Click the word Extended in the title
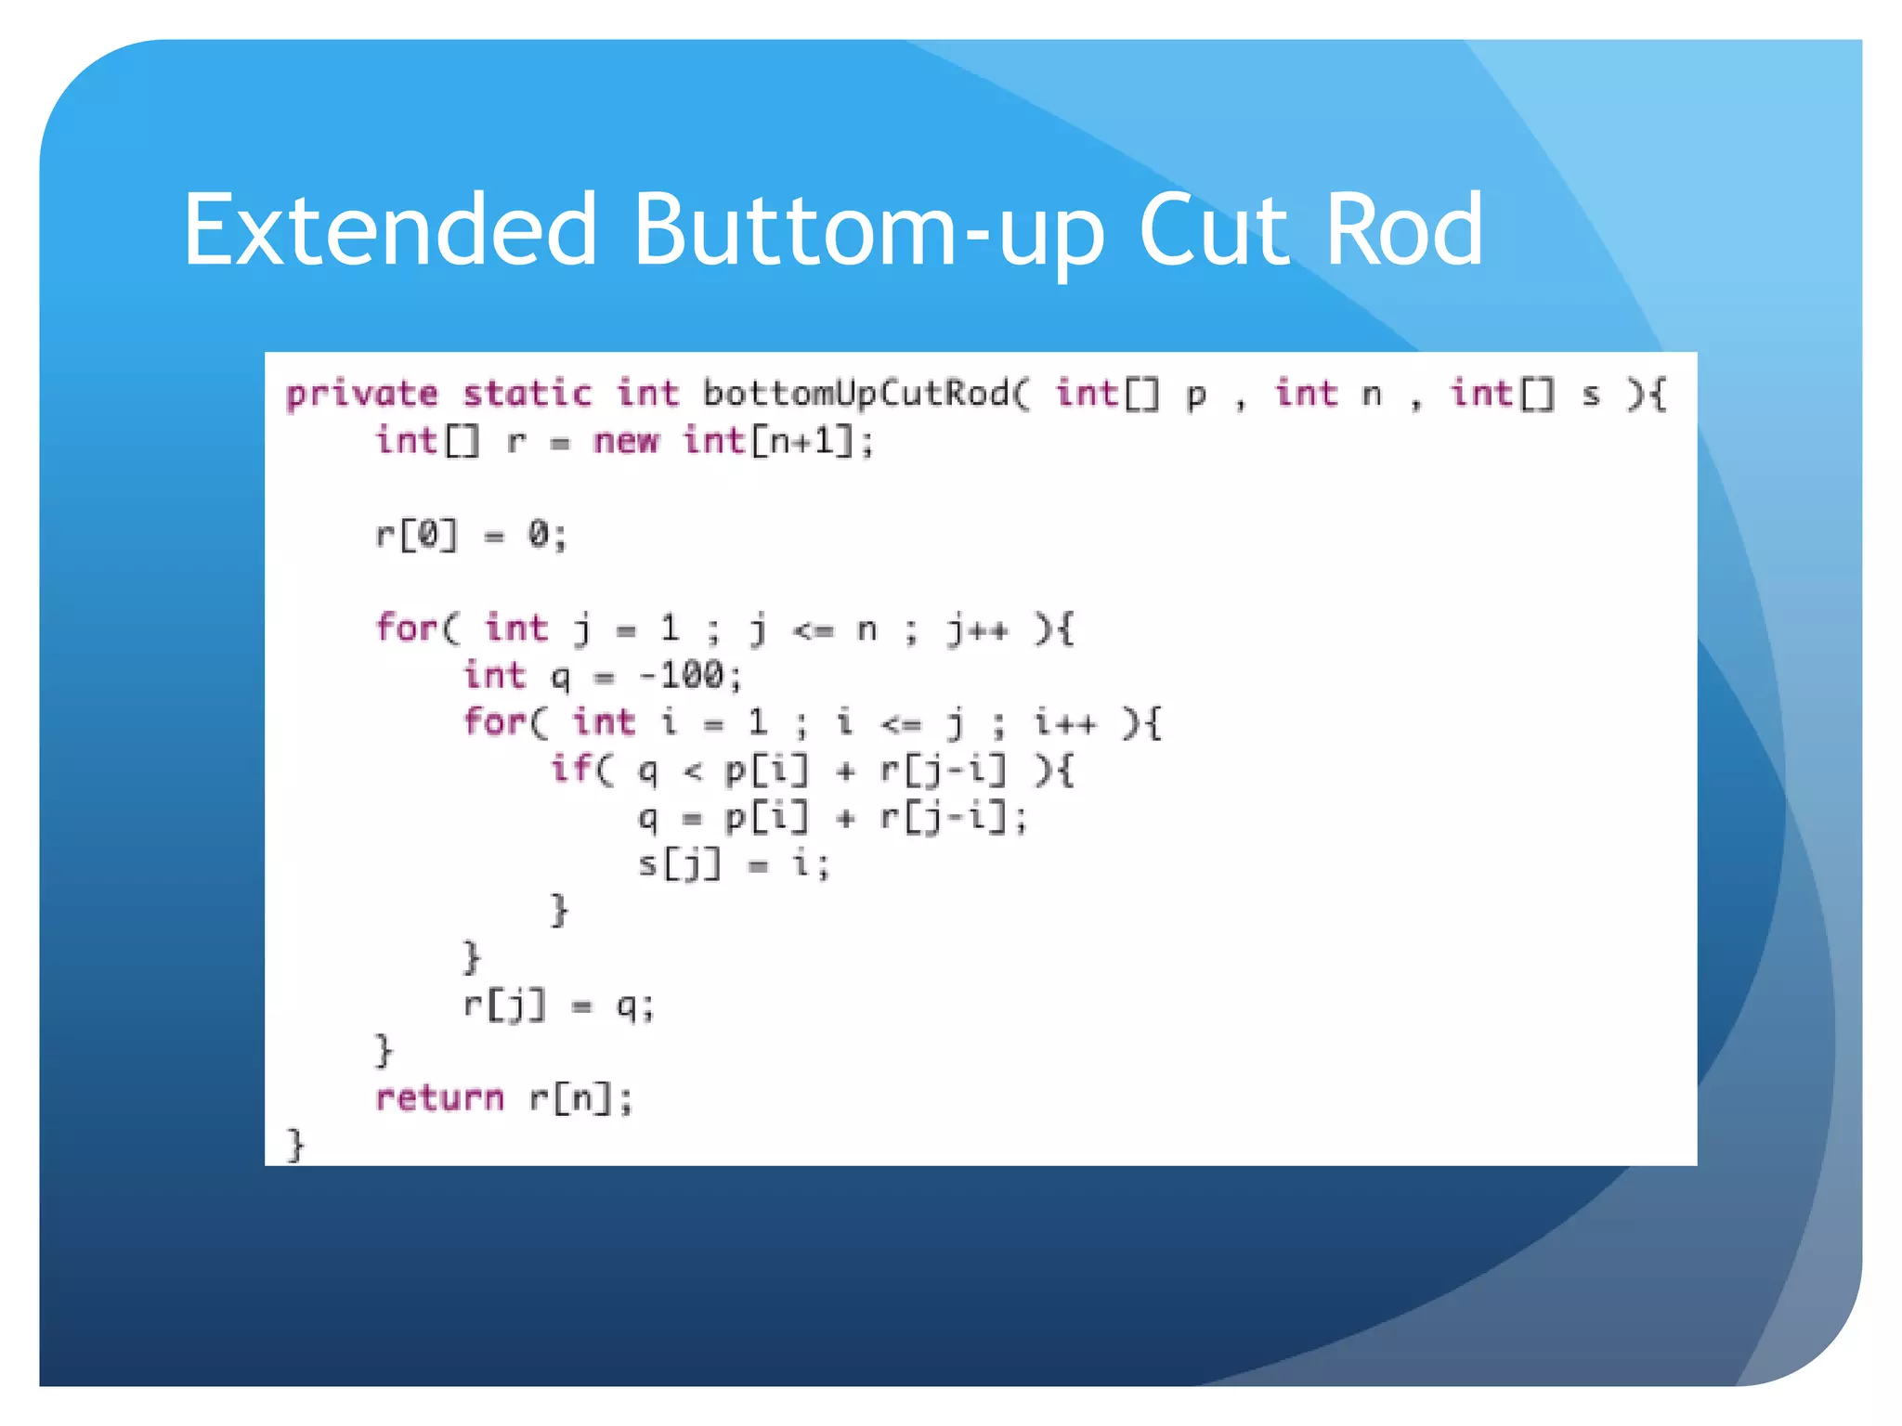coord(389,229)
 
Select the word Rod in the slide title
coord(1403,229)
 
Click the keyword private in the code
coord(361,395)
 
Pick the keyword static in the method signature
coord(527,394)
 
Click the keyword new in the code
coord(626,440)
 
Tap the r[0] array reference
coord(417,535)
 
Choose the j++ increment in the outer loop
coord(977,629)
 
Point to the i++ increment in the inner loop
coord(1065,722)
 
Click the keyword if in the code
coord(571,769)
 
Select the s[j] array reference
coord(679,864)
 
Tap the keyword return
coord(439,1098)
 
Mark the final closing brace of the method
coord(295,1145)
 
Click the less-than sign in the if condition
coord(693,771)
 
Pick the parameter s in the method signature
coord(1591,395)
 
